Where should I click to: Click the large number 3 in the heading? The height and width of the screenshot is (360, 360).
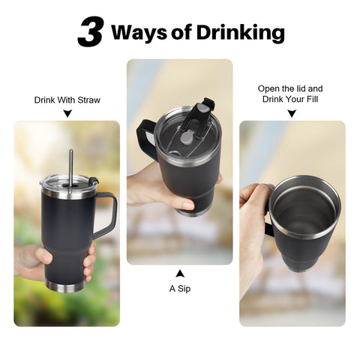coord(90,31)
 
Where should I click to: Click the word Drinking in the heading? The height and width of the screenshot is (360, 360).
coord(241,33)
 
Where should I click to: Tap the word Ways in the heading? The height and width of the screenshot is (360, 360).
coord(139,32)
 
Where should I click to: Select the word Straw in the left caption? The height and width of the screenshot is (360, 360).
coord(88,100)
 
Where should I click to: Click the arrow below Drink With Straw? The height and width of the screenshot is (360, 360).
coord(67,113)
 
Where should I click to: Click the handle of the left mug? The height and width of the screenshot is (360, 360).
coord(107,215)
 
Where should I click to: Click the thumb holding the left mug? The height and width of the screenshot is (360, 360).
coord(44,255)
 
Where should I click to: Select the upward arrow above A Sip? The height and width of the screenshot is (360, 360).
coord(180,274)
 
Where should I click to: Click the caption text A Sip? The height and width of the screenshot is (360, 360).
coord(180,289)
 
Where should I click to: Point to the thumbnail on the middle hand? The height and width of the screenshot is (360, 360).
coord(187,205)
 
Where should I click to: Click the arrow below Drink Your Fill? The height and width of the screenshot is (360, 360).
coord(292,113)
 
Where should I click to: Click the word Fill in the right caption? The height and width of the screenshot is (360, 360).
coord(313,99)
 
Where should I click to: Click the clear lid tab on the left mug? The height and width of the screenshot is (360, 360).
coord(94,181)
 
